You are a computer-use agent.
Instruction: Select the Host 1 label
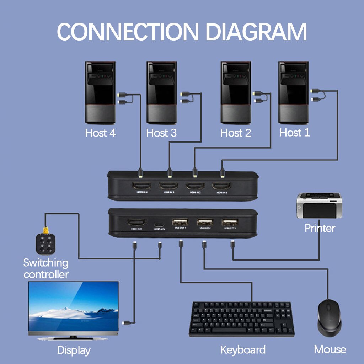[294, 133]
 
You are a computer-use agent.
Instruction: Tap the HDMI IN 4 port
[141, 186]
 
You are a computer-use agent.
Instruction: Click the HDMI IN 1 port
[222, 186]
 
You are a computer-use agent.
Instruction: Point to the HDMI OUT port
[137, 223]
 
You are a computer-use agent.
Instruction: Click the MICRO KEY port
[159, 225]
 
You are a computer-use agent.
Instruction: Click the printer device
[319, 206]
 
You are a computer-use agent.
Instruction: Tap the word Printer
[320, 228]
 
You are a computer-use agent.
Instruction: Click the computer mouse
[330, 317]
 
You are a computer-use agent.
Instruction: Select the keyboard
[241, 319]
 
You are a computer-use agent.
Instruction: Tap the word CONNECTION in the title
[127, 32]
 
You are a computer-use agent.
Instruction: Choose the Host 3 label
[161, 133]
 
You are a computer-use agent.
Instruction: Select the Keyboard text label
[243, 349]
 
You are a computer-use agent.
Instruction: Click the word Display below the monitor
[74, 350]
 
